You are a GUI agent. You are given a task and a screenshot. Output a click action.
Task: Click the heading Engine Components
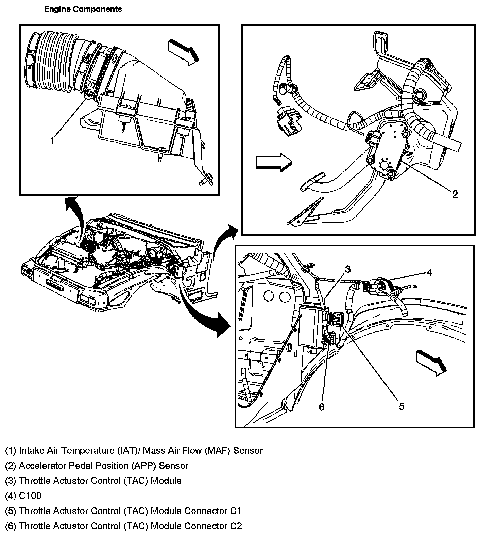point(83,9)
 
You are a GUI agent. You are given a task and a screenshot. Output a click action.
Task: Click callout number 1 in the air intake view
point(52,140)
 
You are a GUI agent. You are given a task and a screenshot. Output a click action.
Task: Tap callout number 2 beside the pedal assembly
point(455,194)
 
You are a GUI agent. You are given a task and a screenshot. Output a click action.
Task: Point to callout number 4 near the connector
point(430,272)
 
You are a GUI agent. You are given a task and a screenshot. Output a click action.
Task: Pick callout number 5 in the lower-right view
point(402,406)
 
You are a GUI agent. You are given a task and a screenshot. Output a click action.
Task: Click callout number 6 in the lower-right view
point(322,407)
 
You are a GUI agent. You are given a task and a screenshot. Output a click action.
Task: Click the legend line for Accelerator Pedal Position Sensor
point(97,465)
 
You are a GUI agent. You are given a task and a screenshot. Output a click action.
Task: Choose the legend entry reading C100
point(23,495)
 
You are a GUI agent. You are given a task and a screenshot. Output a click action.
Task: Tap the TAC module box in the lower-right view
point(310,326)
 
